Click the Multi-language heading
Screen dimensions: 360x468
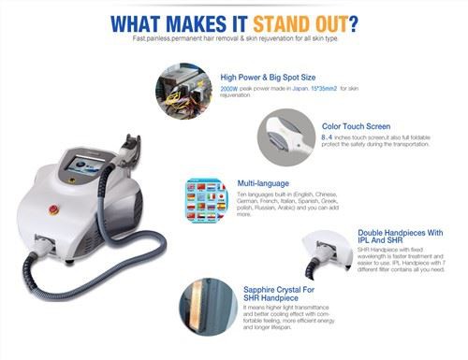click(251, 183)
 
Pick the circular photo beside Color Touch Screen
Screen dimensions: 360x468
click(287, 135)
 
